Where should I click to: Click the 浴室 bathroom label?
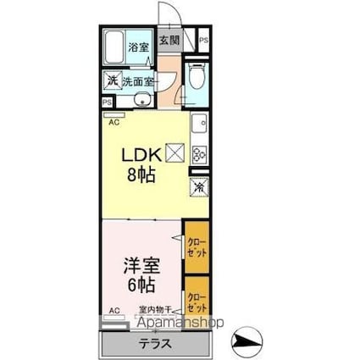tap(138, 47)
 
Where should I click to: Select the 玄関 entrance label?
tap(169, 39)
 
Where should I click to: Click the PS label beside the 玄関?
tap(203, 40)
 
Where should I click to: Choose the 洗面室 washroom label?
tap(138, 81)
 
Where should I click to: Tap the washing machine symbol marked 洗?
tap(112, 81)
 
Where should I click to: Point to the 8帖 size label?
tap(142, 177)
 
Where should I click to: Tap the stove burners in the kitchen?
tap(201, 154)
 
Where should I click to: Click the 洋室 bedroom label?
tap(141, 262)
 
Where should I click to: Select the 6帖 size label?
tap(141, 283)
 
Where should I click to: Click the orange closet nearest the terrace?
tap(197, 303)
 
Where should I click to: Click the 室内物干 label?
tap(156, 310)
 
